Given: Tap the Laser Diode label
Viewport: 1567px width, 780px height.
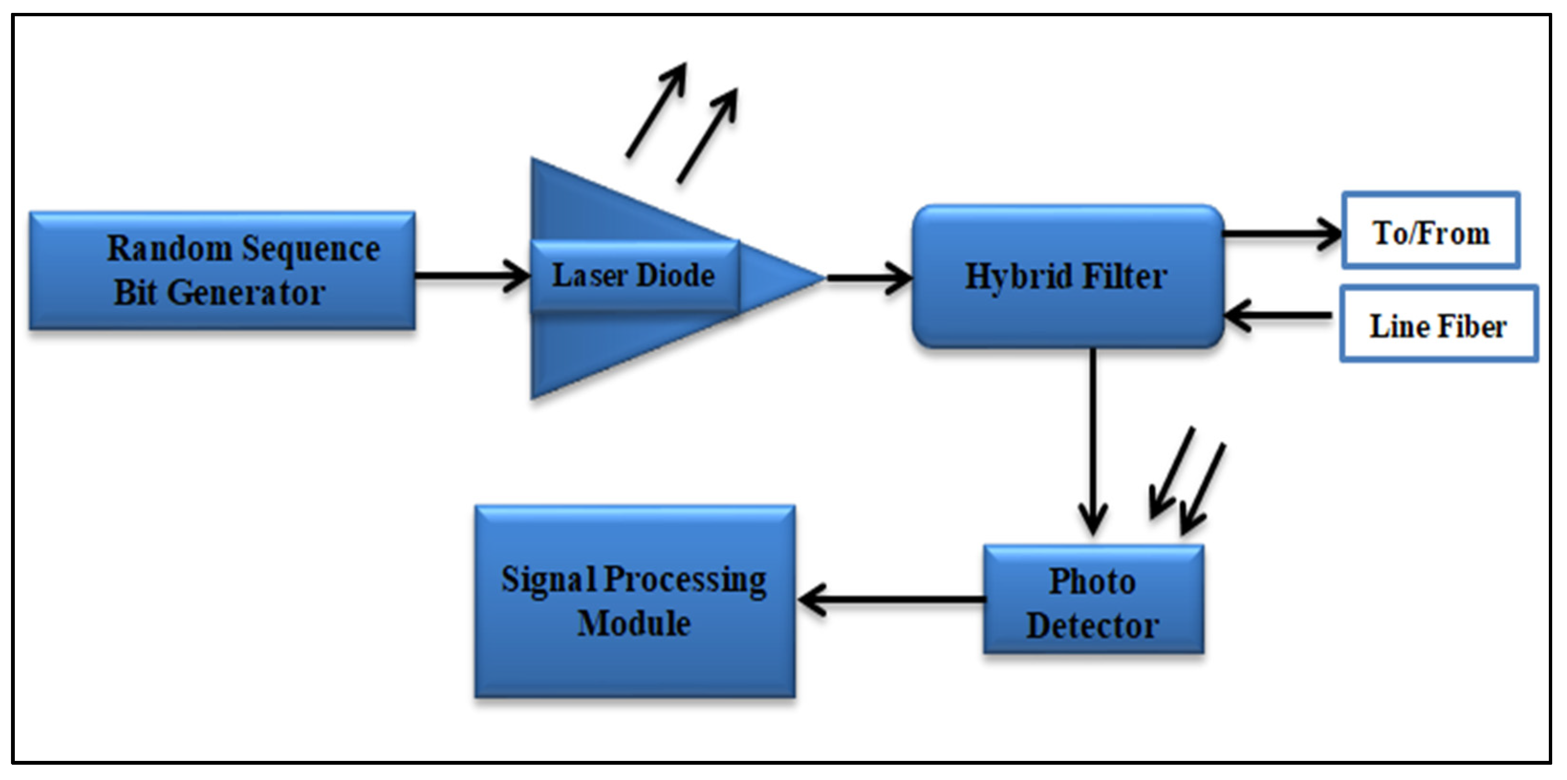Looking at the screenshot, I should [633, 276].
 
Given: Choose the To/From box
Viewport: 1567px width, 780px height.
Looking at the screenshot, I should [1431, 231].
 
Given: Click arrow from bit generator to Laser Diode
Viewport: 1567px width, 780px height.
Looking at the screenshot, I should [472, 276].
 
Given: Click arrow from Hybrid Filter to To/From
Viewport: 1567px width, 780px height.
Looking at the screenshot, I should [1280, 233].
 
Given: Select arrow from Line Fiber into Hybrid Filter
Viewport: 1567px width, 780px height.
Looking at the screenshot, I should [1277, 315].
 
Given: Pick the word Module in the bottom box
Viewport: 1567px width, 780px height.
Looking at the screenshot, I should [634, 624].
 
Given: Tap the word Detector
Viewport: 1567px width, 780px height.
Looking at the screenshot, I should [1093, 626].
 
